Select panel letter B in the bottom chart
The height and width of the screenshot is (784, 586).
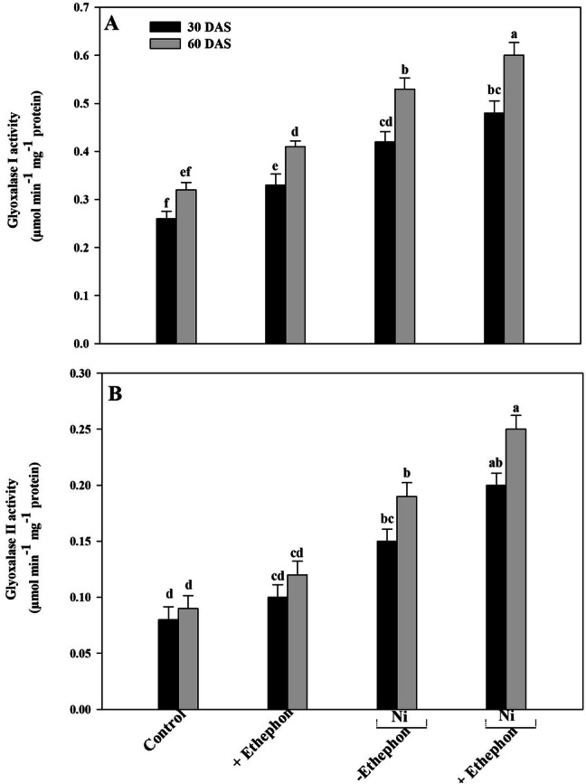[x=112, y=394]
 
